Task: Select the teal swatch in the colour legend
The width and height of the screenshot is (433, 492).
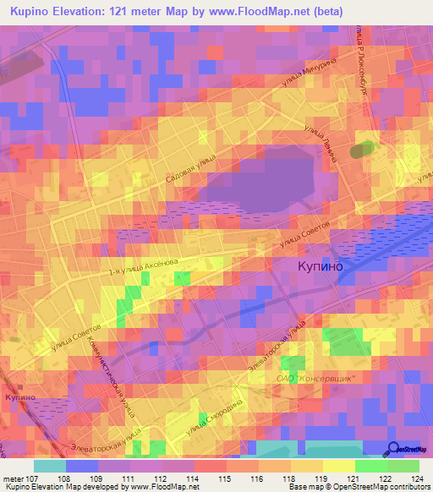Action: [49, 466]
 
